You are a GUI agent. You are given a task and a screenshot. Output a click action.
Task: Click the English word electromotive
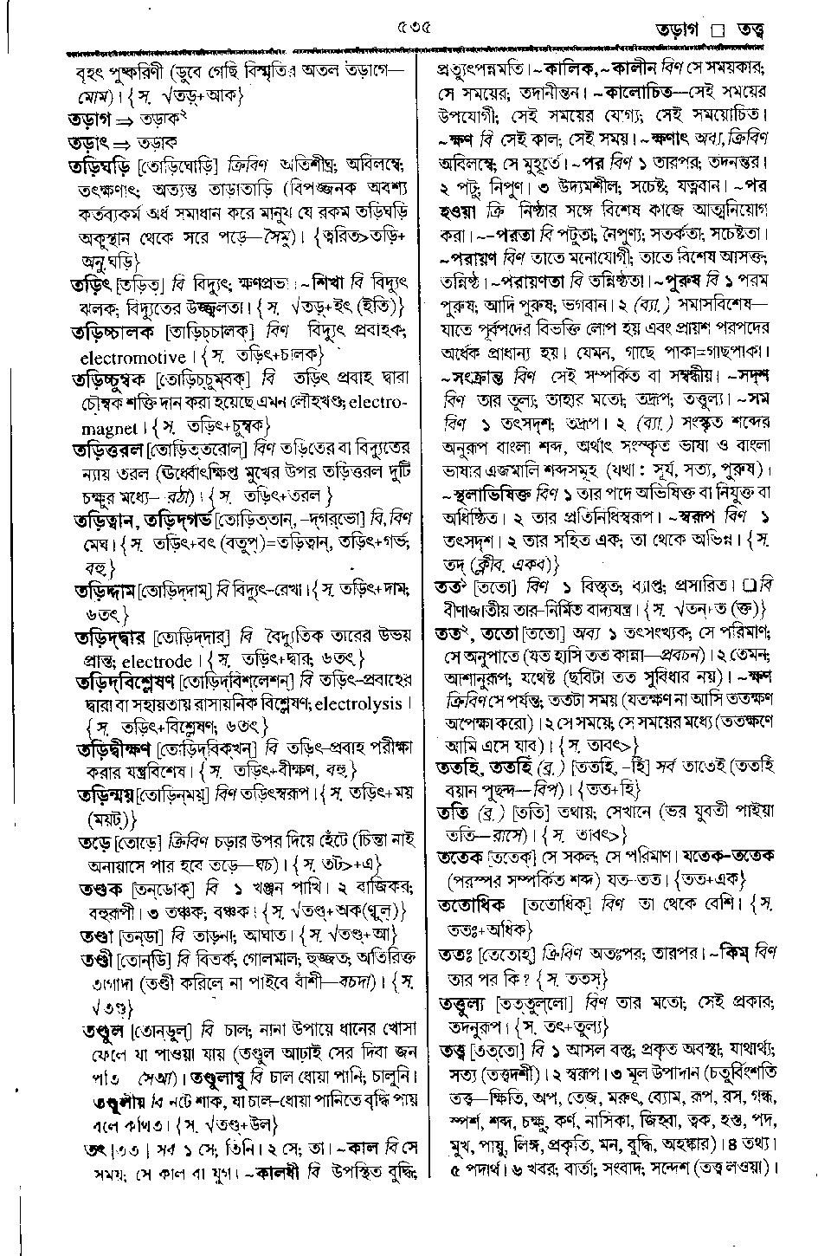coord(132,358)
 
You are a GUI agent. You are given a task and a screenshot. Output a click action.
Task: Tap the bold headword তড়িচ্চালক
coord(113,332)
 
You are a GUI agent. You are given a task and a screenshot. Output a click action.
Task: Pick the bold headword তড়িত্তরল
coord(110,451)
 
